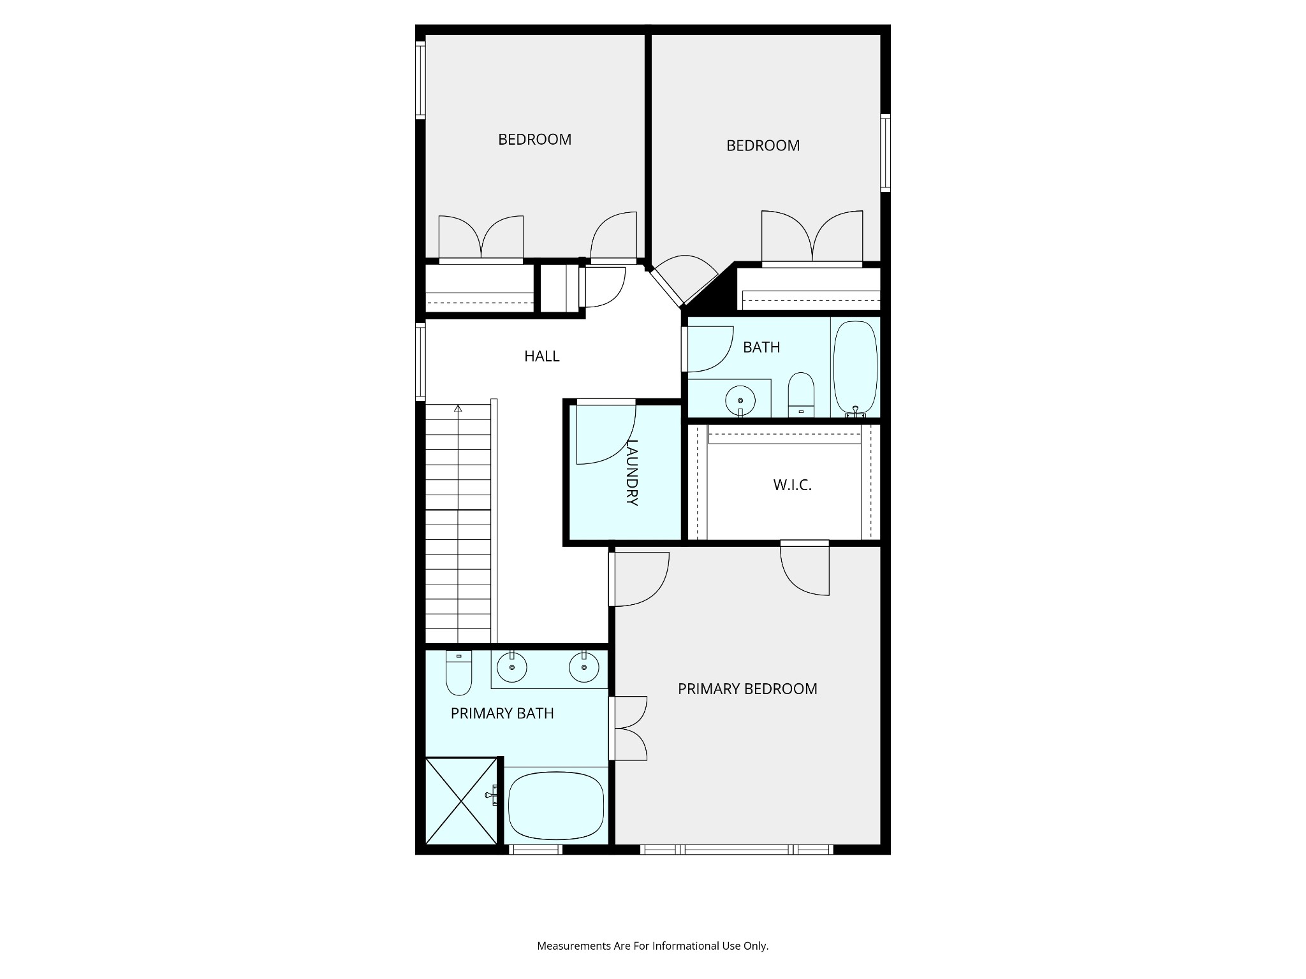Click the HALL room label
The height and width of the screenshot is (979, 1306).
coord(541,356)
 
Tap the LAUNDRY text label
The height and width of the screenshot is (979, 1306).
coord(632,472)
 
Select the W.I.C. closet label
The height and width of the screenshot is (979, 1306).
coord(792,485)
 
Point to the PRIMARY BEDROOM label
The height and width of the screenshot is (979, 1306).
coord(747,689)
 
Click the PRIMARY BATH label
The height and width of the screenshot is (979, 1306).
coord(502,713)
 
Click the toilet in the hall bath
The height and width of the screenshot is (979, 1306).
coord(801,395)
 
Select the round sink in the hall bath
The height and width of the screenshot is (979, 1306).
coord(740,400)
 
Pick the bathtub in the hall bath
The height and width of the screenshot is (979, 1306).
coord(855,368)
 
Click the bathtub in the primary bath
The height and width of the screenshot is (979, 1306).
coord(555,806)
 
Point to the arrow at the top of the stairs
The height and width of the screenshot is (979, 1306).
coord(458,409)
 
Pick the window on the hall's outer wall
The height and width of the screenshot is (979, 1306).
coord(420,361)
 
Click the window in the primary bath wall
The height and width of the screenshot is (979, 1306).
coord(535,849)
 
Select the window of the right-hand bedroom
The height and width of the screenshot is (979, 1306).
coord(885,152)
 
